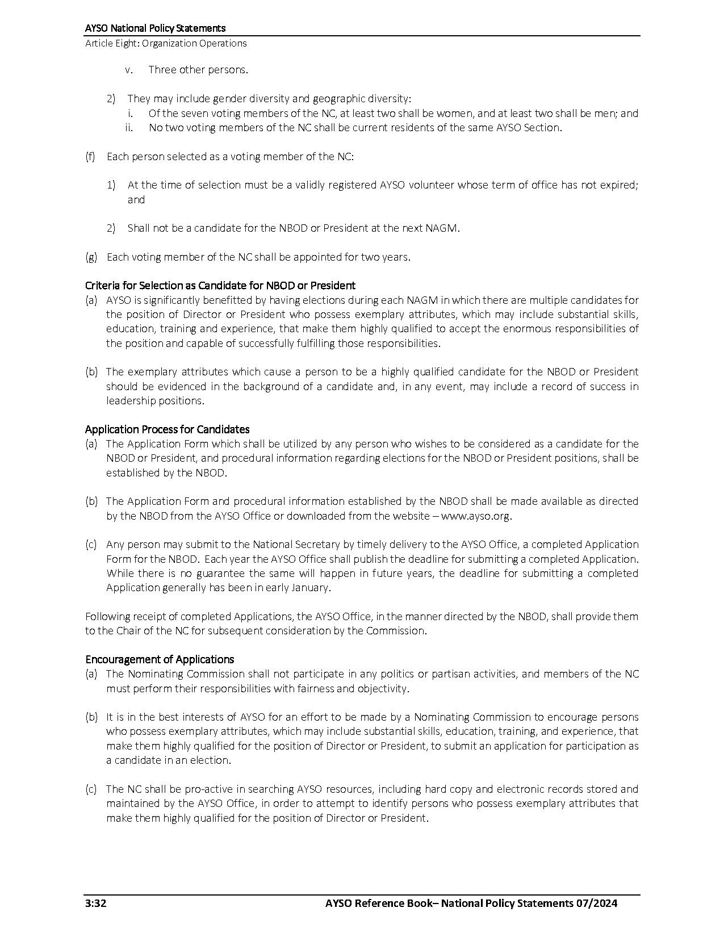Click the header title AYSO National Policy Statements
pos(155,28)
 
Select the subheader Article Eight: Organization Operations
pos(166,43)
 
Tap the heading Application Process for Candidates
pos(167,429)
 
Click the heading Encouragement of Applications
pos(160,659)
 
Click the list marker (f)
pos(90,156)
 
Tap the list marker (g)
pos(91,257)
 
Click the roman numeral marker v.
pos(129,70)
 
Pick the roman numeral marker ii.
pos(129,127)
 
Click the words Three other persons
pos(198,70)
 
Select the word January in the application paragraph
pos(310,587)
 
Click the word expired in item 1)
pos(618,185)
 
